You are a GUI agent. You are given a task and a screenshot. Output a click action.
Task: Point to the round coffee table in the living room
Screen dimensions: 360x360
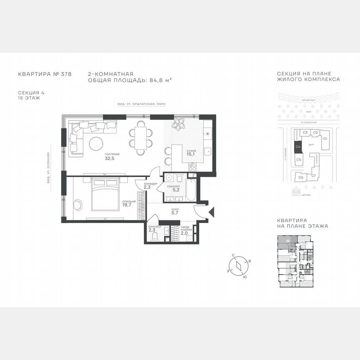click(x=96, y=144)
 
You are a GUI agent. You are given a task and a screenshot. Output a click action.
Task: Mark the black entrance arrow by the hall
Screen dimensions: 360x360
click(x=211, y=211)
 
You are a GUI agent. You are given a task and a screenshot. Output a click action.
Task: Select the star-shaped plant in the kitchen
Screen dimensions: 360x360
click(x=180, y=124)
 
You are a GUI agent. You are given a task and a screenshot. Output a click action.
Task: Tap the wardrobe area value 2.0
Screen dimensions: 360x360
click(x=184, y=234)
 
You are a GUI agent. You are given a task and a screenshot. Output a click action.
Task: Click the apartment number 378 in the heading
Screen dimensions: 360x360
click(x=66, y=74)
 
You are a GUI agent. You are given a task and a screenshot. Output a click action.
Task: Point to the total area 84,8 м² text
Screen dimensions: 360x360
click(x=158, y=79)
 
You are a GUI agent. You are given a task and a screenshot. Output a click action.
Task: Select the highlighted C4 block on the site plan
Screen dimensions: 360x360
click(x=298, y=146)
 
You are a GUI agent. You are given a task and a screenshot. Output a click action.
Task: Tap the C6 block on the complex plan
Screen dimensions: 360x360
click(x=301, y=177)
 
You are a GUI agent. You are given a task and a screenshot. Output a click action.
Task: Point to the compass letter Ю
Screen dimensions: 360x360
click(x=245, y=277)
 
